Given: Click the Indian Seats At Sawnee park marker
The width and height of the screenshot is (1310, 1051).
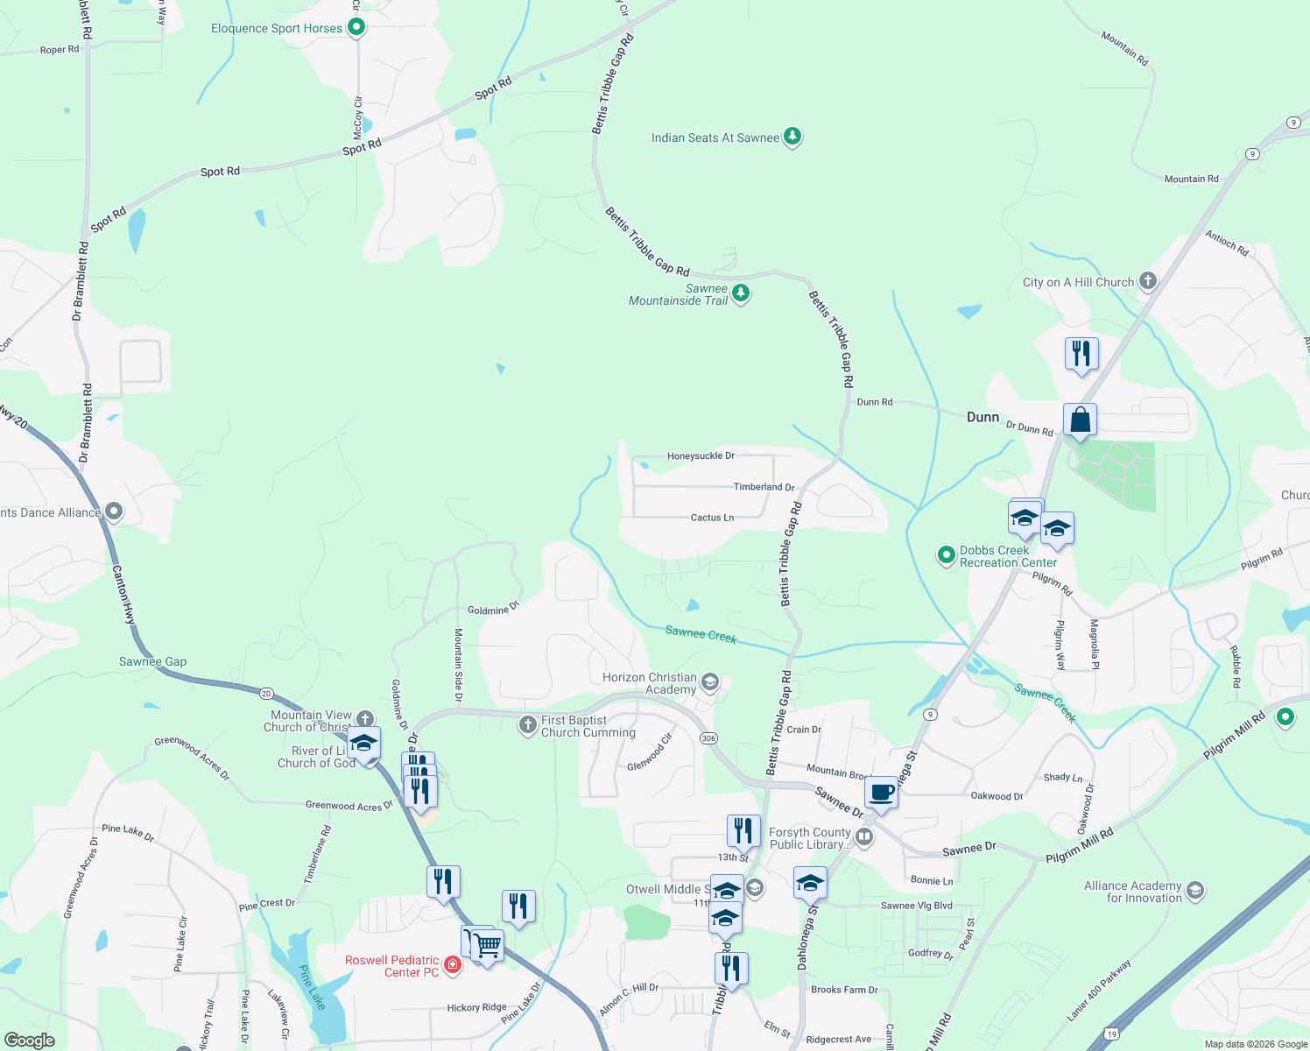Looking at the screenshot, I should point(792,137).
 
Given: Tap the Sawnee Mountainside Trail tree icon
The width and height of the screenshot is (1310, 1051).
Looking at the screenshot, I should point(741,293).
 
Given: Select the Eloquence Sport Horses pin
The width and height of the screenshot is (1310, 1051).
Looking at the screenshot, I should point(356,28).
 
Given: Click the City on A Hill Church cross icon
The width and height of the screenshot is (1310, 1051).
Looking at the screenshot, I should point(1148,281).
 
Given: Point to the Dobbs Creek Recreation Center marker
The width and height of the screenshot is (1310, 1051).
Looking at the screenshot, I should point(946,554).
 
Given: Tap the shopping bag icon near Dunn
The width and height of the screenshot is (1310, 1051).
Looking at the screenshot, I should point(1081,420).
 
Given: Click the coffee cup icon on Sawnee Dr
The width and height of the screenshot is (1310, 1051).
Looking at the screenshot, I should point(881,793).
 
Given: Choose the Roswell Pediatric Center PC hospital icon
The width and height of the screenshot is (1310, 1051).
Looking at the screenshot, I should point(453,965).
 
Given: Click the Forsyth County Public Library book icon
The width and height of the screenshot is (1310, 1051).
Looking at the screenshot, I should point(864,837).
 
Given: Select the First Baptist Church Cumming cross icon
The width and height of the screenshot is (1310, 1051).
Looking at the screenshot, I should point(527,724).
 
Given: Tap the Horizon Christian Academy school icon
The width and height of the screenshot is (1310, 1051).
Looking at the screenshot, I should point(710,682).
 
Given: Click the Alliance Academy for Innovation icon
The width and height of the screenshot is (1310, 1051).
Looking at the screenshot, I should point(1195,891).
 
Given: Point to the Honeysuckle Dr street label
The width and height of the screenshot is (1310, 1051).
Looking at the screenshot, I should point(701,456).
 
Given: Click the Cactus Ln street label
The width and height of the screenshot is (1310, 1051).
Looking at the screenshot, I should point(712,518).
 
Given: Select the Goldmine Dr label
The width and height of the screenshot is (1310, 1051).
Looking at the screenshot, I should point(493,610).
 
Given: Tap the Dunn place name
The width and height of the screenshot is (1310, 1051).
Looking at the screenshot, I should point(982,417).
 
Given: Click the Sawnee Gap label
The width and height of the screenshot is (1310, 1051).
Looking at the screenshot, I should point(152,661).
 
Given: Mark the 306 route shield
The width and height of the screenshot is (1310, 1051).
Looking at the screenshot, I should point(708,738).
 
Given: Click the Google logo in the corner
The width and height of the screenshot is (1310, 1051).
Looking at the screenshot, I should point(29,1040).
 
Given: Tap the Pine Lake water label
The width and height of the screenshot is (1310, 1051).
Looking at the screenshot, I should point(313,987).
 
